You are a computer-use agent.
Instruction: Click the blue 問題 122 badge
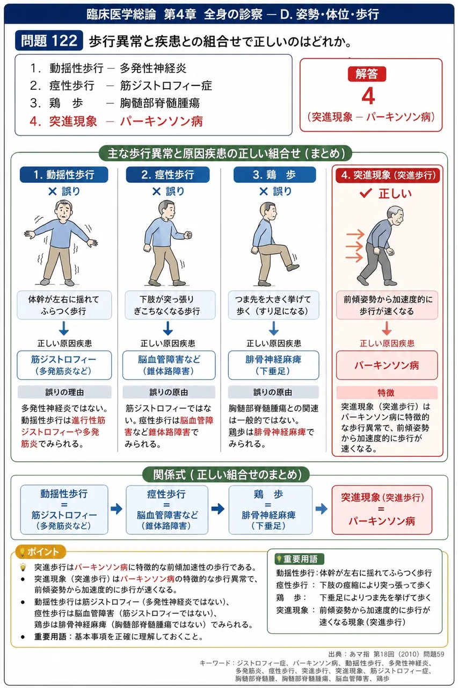pos(49,40)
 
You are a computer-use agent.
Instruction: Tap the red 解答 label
pos(367,74)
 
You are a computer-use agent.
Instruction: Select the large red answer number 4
pos(368,96)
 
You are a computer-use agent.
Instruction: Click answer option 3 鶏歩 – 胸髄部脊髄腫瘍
pos(115,103)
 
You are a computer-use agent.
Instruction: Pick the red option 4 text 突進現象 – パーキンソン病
pos(116,121)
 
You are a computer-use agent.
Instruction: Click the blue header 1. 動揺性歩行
pos(64,175)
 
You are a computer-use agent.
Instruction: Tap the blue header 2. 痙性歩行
pos(168,175)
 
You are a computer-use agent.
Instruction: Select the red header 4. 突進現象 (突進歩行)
pos(388,175)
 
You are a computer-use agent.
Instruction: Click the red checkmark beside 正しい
pos(366,193)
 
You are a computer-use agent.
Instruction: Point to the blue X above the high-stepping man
pos(264,192)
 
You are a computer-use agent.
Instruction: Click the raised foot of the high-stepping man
pos(293,267)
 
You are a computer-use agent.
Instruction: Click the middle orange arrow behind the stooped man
pos(354,246)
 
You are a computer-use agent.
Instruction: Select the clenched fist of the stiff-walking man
pos(188,235)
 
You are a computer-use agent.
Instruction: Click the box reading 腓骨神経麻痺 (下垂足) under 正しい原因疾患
pos(273,365)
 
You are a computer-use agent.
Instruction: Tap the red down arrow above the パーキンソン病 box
pos(387,328)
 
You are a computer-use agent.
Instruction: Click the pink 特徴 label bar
pos(387,392)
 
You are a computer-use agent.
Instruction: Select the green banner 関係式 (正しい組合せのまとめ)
pos(226,475)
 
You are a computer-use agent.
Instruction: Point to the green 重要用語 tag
pos(300,558)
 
